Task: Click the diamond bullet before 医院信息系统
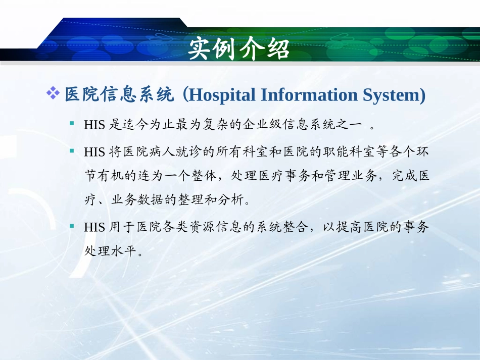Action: coord(53,92)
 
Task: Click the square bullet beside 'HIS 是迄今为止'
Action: coord(72,123)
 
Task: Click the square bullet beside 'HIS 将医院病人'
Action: coord(72,150)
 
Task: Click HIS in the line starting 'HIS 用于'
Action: coord(94,227)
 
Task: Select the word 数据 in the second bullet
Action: coord(150,200)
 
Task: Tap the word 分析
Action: coord(229,200)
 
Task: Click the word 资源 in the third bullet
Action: coord(202,227)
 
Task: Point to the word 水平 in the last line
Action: coord(124,251)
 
